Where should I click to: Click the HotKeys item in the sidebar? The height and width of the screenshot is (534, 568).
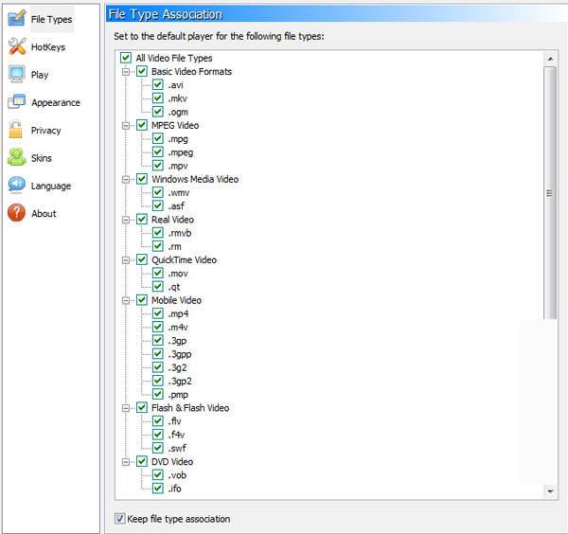(x=48, y=47)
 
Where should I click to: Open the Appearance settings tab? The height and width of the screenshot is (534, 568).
(x=56, y=102)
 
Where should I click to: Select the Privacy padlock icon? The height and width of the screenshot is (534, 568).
(x=16, y=130)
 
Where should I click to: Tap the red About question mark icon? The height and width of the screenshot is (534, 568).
(x=17, y=213)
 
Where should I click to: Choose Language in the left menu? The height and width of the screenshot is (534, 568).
(x=51, y=186)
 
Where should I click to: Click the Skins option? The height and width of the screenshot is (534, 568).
(x=42, y=158)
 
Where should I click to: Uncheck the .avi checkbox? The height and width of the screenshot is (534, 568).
(x=157, y=85)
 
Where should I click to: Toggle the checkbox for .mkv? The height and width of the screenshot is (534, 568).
(x=157, y=98)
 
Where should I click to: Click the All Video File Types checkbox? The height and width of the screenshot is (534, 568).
(x=126, y=58)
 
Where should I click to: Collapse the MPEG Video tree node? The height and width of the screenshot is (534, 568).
(x=126, y=126)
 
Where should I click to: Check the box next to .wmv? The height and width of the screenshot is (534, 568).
(x=157, y=192)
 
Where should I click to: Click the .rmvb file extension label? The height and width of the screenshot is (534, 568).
(x=180, y=233)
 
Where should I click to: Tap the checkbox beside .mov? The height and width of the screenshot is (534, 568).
(x=157, y=274)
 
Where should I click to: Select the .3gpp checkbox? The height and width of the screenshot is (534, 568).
(x=157, y=354)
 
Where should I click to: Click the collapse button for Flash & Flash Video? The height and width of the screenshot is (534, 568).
(x=126, y=408)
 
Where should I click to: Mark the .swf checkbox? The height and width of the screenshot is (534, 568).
(x=157, y=448)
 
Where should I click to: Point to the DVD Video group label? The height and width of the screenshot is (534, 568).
(x=172, y=461)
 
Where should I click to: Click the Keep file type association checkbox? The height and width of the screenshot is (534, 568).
(x=119, y=519)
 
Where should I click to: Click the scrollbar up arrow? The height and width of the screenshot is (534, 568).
(x=550, y=59)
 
